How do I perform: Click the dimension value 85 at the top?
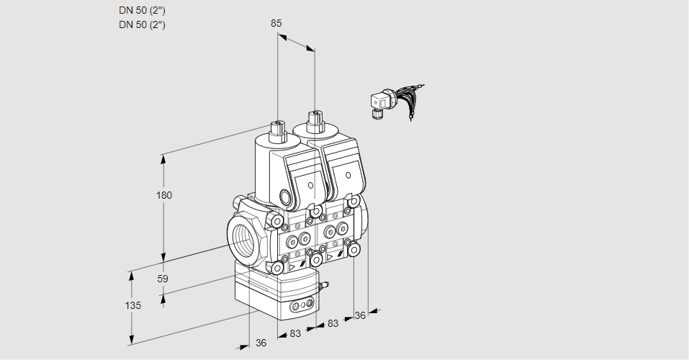[276, 23]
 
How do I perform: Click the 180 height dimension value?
[166, 195]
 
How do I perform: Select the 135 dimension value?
[133, 305]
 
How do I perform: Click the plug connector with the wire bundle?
[380, 104]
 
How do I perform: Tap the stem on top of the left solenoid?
[277, 129]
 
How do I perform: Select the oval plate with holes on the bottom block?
[301, 307]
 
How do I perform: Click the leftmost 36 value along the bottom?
[261, 343]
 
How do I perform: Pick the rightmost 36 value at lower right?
[361, 315]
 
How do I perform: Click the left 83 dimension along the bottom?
[295, 333]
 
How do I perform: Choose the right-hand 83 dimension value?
[333, 324]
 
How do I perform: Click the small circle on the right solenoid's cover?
[348, 175]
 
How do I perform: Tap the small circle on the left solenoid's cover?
[311, 186]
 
